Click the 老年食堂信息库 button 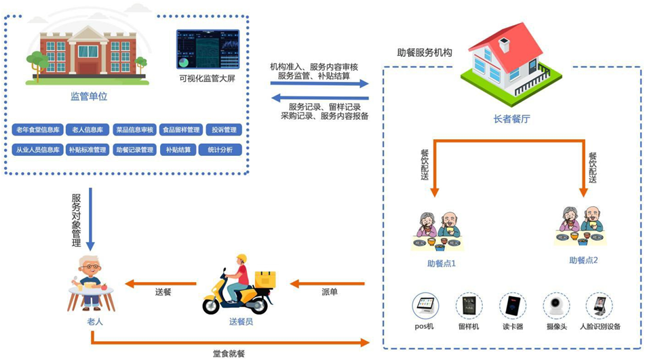38,130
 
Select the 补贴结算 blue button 178,150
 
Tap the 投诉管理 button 224,130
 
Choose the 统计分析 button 220,150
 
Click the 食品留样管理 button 181,130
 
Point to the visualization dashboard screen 208,49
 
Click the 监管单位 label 89,96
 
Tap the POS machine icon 425,305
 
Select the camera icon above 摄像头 557,305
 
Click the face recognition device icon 600,305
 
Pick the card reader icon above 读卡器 513,305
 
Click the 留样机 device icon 469,305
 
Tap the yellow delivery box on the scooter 265,279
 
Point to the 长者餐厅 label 511,119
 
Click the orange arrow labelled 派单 328,283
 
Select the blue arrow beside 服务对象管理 90,219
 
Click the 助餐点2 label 583,260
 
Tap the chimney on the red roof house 504,44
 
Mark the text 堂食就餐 229,353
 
